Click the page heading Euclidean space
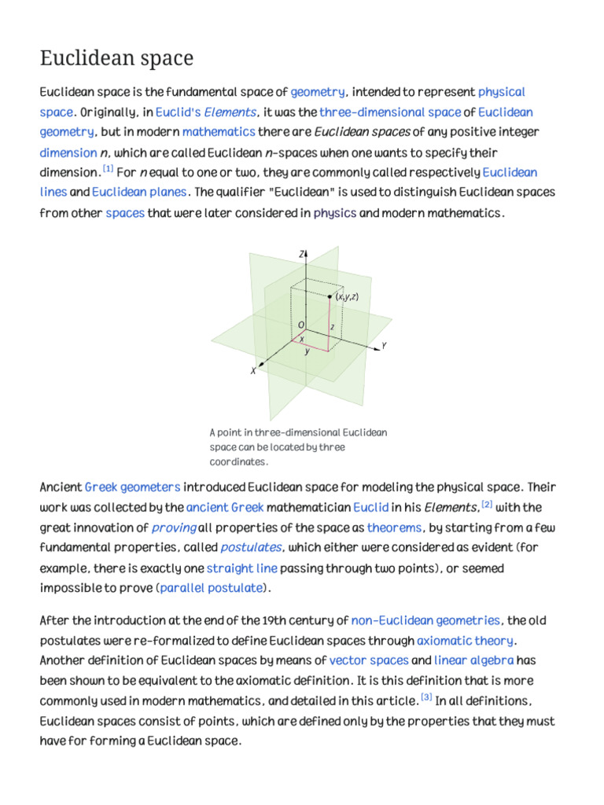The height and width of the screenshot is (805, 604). coord(116,59)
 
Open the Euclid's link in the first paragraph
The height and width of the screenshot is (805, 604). coord(179,112)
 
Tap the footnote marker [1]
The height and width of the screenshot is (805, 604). coord(108,169)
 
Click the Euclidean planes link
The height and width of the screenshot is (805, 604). coord(139,192)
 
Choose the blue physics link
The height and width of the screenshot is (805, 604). coord(334,213)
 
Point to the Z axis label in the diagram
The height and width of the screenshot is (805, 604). coord(302,254)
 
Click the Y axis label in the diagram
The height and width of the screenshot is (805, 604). coord(384,345)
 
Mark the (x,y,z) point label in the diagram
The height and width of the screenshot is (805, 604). coord(347,296)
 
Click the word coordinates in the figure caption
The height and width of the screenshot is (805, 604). coord(238,461)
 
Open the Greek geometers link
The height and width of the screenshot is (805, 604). coord(132,487)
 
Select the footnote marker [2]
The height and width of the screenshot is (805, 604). coord(487,504)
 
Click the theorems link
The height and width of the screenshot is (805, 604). coord(394,527)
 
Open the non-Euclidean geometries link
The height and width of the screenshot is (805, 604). coord(425,620)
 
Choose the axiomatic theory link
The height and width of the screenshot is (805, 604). coord(465,641)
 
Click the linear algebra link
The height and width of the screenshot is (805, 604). coord(474,660)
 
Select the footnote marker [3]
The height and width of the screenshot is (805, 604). coord(426,697)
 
